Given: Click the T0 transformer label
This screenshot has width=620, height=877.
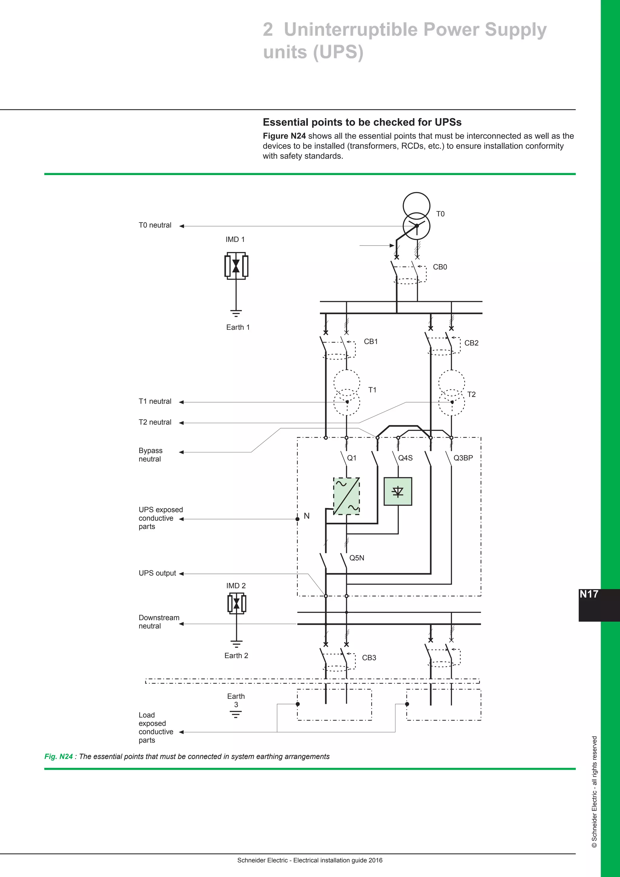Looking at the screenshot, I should [440, 214].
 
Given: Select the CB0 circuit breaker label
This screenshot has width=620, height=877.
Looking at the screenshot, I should [440, 267].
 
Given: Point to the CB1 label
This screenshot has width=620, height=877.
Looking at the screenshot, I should [371, 342].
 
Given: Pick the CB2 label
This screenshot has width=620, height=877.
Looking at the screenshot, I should [471, 343].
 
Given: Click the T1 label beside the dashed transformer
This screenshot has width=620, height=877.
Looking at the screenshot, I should [372, 390].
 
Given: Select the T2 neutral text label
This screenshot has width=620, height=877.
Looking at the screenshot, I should [155, 422].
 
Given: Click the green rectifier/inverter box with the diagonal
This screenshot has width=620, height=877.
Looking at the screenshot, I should [347, 496].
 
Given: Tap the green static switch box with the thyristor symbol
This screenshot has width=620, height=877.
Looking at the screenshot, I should [398, 491].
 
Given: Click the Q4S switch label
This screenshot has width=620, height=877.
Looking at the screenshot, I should [405, 458].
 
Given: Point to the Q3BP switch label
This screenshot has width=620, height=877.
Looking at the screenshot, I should [463, 458].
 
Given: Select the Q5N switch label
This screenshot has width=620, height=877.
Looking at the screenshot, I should [357, 558].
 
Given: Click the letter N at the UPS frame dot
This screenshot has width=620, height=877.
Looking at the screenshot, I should [307, 516].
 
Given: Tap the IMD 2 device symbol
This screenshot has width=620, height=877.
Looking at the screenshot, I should [236, 604].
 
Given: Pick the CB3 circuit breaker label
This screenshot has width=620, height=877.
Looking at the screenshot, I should [369, 658].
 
